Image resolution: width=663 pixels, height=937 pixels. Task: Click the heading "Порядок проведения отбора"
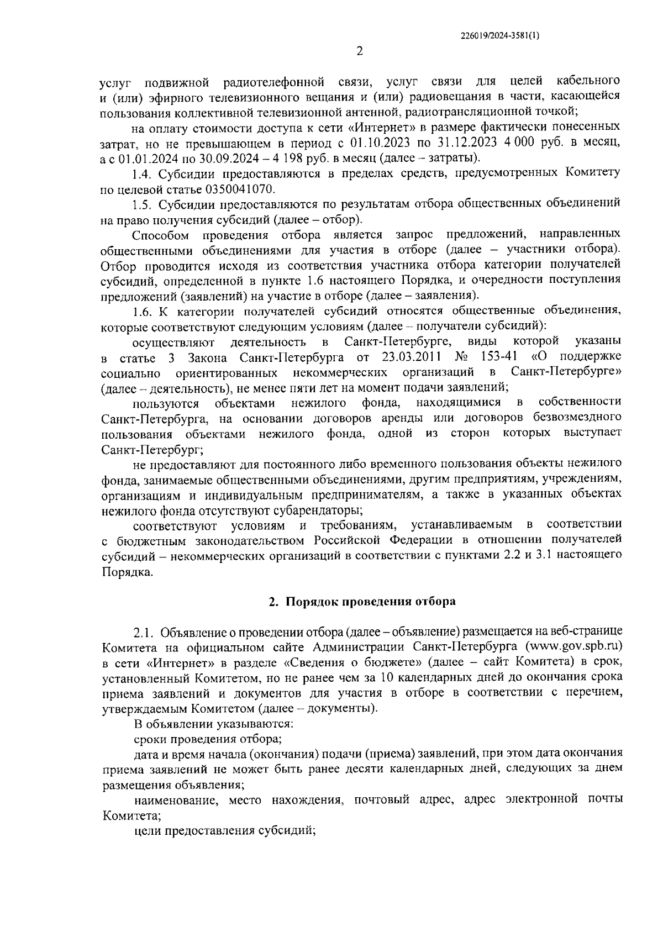pos(370,602)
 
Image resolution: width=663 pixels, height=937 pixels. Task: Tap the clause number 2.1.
pos(144,632)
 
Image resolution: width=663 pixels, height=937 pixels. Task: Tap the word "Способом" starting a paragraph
pos(161,235)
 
